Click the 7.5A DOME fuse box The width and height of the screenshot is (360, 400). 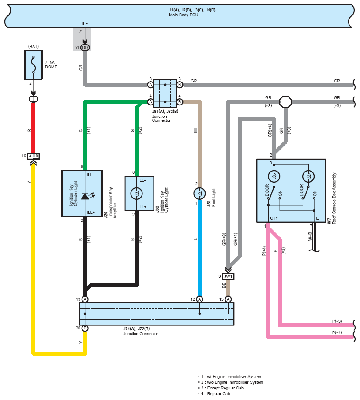(x=34, y=65)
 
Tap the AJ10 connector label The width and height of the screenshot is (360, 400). (x=34, y=156)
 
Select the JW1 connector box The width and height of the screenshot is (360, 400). (x=228, y=277)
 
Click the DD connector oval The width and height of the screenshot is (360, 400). (x=85, y=48)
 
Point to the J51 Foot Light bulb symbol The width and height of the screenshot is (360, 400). (x=199, y=194)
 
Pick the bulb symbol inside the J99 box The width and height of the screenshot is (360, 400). (x=136, y=194)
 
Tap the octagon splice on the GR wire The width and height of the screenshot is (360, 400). (x=285, y=102)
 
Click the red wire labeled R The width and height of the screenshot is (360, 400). (x=33, y=128)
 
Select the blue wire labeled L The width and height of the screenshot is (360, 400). (x=199, y=248)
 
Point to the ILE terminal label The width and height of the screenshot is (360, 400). (x=85, y=24)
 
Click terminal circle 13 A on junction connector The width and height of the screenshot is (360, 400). (x=85, y=299)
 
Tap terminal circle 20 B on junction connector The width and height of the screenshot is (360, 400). (x=85, y=328)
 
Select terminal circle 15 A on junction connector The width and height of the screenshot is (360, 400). (x=229, y=299)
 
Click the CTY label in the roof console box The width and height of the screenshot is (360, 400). (x=274, y=218)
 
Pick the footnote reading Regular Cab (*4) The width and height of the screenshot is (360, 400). (x=214, y=394)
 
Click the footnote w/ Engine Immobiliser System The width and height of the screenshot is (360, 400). (x=229, y=377)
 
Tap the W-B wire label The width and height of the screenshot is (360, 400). (x=310, y=236)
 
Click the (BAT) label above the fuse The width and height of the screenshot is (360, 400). (x=34, y=46)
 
